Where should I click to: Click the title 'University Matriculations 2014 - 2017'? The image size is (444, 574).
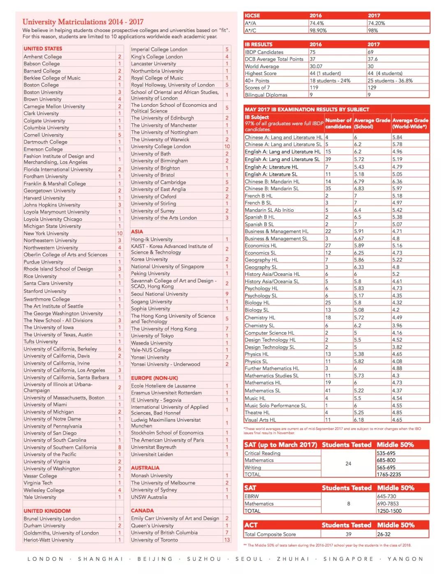point(83,22)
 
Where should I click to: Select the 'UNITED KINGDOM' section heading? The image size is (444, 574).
point(47,511)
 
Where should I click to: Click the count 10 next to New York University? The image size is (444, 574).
point(120,233)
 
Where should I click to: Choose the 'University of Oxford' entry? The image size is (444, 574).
point(154,196)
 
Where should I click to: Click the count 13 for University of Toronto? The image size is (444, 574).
point(227,540)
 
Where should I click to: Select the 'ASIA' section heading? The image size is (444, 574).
point(137,232)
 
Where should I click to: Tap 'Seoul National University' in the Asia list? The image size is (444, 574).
point(160,294)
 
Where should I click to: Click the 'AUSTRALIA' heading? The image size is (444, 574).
point(145,468)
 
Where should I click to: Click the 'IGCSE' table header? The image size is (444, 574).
point(252,16)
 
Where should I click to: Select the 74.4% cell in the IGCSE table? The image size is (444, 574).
point(317,23)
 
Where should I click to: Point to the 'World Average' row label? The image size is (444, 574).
point(262,67)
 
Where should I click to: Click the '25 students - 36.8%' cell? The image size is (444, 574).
point(390,81)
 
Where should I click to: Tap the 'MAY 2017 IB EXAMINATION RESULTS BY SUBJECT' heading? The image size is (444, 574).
point(307,110)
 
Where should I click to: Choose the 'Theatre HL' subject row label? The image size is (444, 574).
point(257,413)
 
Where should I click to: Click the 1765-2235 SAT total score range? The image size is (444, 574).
point(389,474)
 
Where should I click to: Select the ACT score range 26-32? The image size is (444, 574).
point(384,534)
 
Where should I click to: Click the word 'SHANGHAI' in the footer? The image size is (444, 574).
point(101,559)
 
